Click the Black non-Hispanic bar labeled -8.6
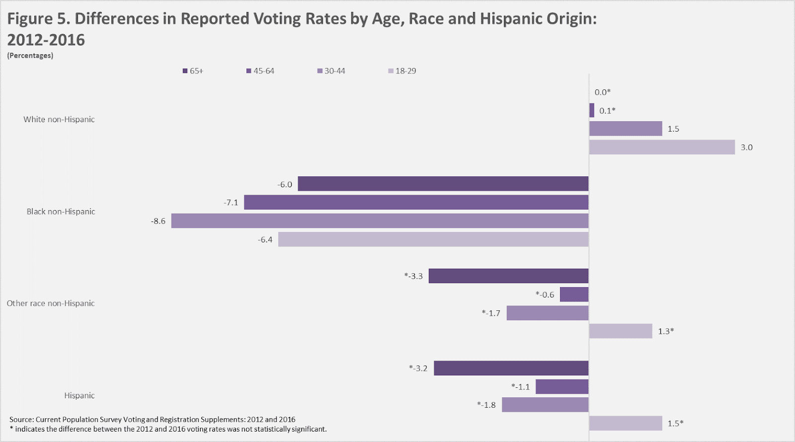coord(380,221)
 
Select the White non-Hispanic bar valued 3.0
coord(662,147)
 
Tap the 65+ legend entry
coord(193,71)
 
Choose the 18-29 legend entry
coord(402,71)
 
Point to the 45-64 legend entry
coord(260,71)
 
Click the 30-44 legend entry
coord(331,71)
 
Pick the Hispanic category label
coord(79,396)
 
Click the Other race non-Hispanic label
coord(51,303)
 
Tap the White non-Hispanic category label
coord(59,119)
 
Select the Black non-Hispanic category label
coord(61,212)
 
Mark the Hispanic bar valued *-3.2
coord(511,368)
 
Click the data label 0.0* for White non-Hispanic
coord(602,92)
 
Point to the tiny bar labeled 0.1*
coord(592,110)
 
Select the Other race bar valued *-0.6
coord(574,295)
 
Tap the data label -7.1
coord(231,203)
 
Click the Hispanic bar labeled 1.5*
coord(626,424)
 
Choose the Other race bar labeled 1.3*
coord(621,331)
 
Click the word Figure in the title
coord(30,19)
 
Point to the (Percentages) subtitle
coord(30,56)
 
